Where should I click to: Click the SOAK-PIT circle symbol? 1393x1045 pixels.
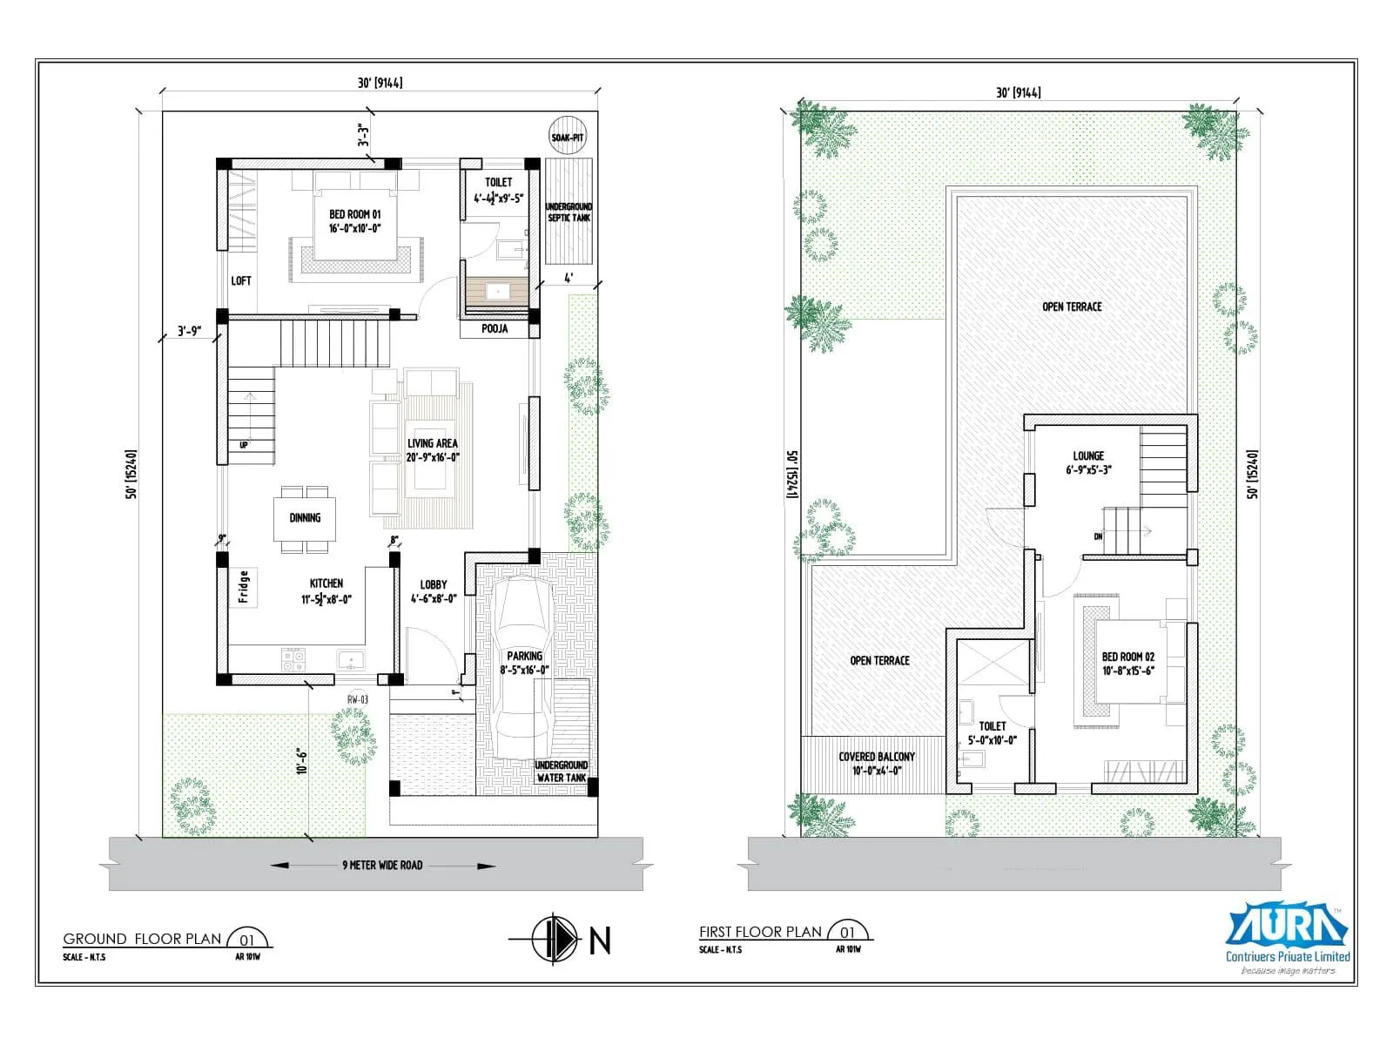tap(567, 137)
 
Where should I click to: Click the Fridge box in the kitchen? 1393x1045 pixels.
tap(244, 587)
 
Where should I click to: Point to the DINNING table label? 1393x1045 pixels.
tap(305, 518)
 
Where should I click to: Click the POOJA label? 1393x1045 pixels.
tap(495, 329)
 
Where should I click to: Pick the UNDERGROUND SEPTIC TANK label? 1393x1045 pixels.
tap(569, 212)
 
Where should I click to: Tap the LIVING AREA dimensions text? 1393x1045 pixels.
tap(432, 457)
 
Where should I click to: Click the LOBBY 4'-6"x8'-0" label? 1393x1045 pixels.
tap(434, 591)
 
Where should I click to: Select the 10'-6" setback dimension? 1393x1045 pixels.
tap(301, 760)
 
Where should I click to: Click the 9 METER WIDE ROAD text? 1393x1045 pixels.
tap(382, 866)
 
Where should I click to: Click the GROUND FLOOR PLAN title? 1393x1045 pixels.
tap(143, 939)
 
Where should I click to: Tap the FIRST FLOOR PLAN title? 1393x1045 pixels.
tap(760, 932)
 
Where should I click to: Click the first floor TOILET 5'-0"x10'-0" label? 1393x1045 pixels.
tap(993, 732)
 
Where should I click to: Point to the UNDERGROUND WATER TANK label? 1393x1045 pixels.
tap(562, 772)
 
